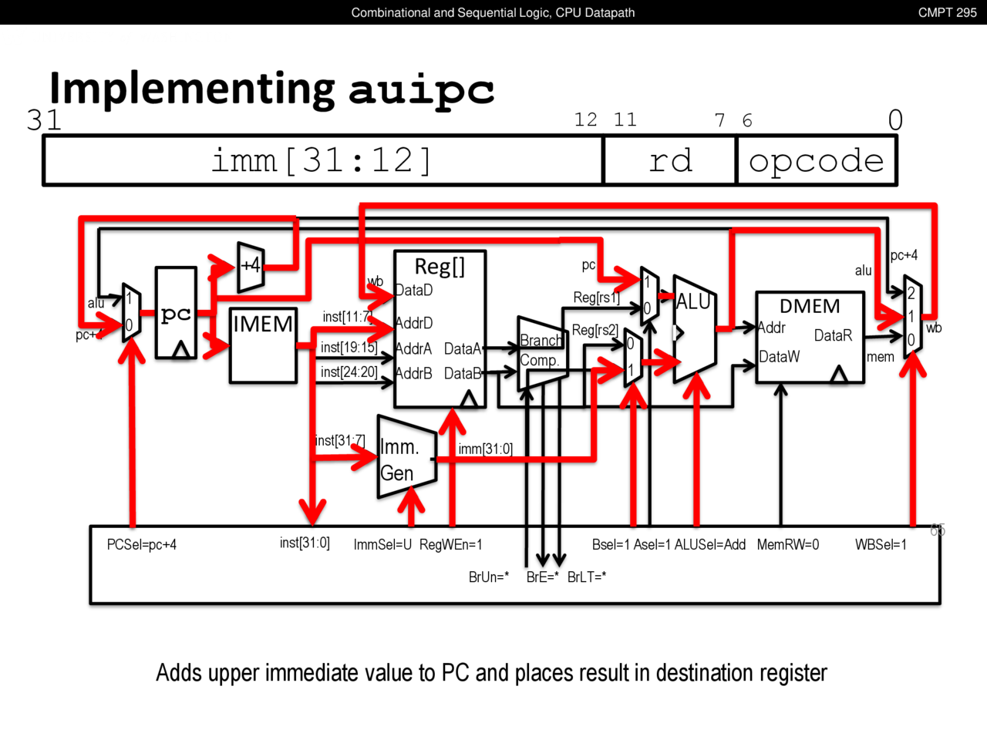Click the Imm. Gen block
[406, 459]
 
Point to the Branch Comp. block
[542, 351]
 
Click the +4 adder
[251, 267]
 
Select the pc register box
[176, 313]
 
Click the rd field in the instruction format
[670, 160]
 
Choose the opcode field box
[817, 160]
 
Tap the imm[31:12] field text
[322, 160]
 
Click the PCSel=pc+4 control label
[142, 545]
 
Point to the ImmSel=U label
[382, 545]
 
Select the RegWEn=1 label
[451, 545]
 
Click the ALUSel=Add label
[710, 545]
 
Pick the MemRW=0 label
[788, 545]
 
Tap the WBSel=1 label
[881, 545]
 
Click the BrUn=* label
[489, 577]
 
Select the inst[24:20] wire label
[349, 372]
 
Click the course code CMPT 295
[947, 12]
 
